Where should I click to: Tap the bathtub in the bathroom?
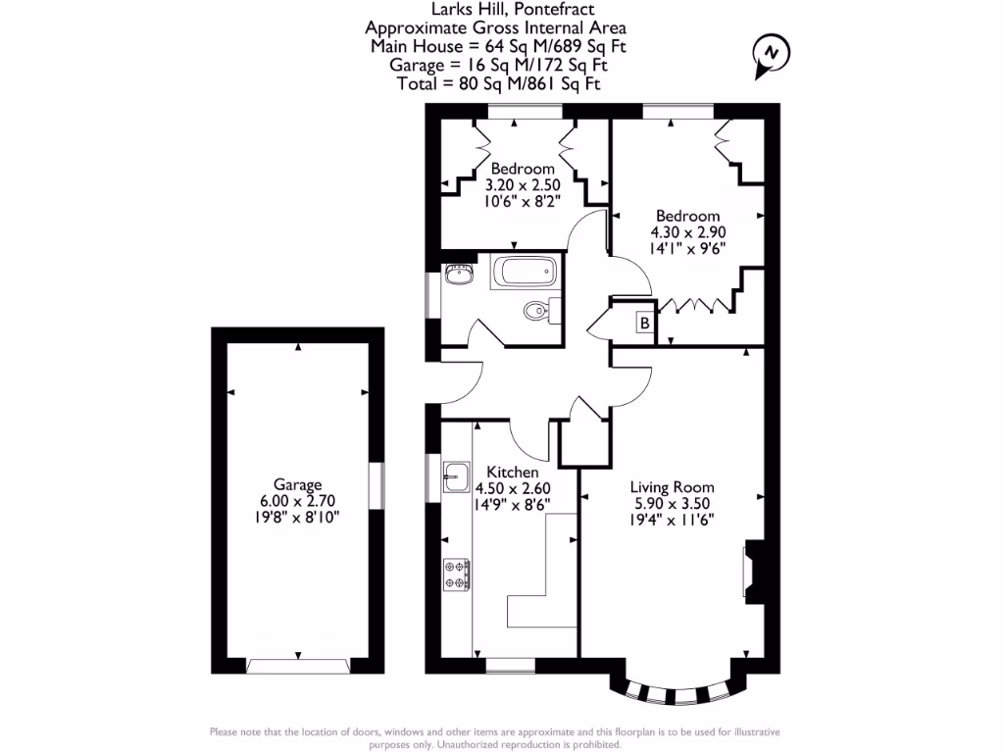click(525, 271)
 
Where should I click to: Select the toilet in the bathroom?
click(537, 311)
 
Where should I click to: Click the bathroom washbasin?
click(458, 274)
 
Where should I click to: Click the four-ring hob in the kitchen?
click(457, 573)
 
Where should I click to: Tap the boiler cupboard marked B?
click(644, 323)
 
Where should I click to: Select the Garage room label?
click(298, 484)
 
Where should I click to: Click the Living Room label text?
click(672, 486)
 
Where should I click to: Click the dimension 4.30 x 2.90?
click(687, 232)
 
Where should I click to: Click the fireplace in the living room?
click(751, 569)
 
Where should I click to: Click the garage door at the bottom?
click(298, 666)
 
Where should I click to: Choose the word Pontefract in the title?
click(549, 10)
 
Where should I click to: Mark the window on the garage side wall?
click(374, 485)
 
